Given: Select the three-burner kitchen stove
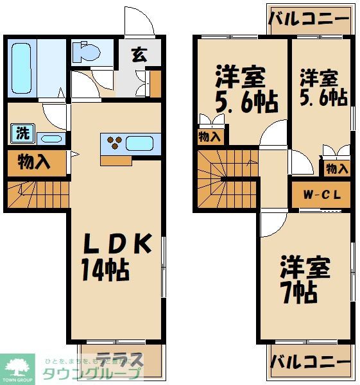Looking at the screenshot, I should (114, 142).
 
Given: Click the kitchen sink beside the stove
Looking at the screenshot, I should (138, 142).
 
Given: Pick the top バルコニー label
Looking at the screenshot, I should (309, 17).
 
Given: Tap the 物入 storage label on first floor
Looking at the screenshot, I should (35, 162).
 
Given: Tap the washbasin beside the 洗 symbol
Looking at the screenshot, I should (50, 138).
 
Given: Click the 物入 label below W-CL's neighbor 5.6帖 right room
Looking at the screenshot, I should (337, 169).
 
